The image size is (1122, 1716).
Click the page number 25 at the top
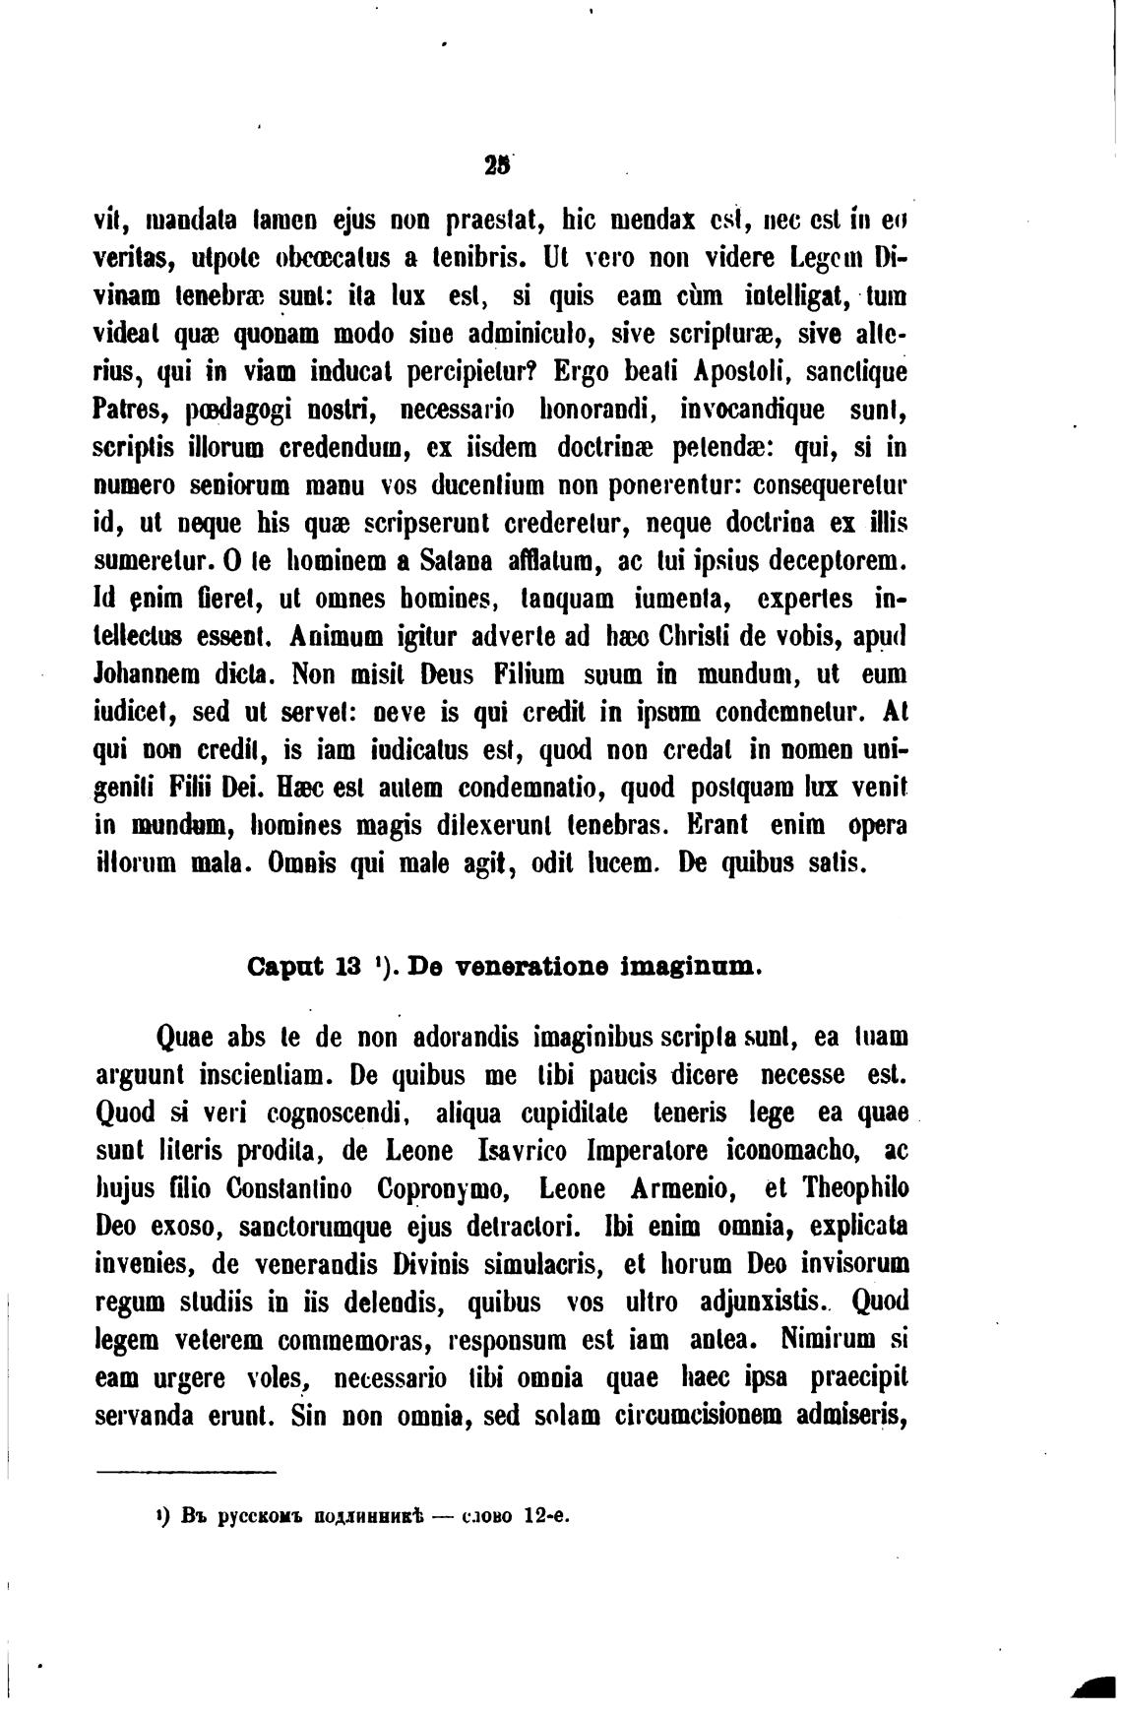tap(493, 167)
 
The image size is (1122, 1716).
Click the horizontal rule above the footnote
tap(187, 1472)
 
